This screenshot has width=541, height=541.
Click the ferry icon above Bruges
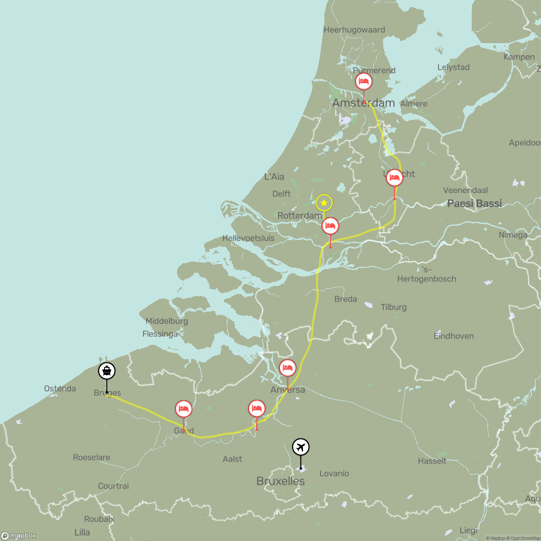click(x=107, y=371)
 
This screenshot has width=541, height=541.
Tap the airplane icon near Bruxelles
click(x=301, y=447)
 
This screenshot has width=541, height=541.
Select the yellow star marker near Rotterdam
click(x=324, y=203)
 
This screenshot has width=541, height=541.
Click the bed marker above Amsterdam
click(x=363, y=81)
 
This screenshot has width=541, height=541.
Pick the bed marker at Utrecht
click(x=394, y=178)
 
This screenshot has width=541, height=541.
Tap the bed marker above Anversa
click(x=287, y=368)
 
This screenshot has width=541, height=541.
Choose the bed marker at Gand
click(x=183, y=409)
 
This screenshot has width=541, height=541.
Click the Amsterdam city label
click(x=363, y=103)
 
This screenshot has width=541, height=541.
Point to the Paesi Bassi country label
click(x=474, y=203)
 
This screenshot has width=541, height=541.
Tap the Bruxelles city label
click(x=280, y=481)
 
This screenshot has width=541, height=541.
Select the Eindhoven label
click(x=454, y=336)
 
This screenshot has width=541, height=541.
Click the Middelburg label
click(x=167, y=321)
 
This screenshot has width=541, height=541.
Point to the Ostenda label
click(x=60, y=388)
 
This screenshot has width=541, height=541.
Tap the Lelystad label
click(x=453, y=67)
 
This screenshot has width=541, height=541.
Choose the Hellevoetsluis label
click(x=248, y=238)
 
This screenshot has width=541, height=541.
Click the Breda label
click(x=345, y=299)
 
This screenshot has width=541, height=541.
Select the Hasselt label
click(x=432, y=461)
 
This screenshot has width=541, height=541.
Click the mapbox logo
click(x=19, y=536)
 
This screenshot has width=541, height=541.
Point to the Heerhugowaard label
click(x=354, y=30)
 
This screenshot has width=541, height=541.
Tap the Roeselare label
click(x=91, y=457)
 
